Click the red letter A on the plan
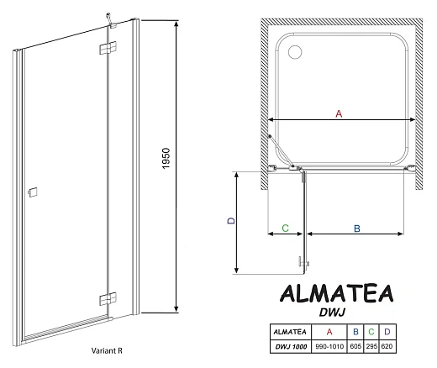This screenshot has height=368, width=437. (339, 113)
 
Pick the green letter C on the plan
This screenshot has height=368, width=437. (285, 228)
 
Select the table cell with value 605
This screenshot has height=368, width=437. (356, 346)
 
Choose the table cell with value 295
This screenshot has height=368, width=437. (372, 346)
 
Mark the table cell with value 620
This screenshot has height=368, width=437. (387, 346)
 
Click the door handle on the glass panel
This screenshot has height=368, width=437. (32, 192)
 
